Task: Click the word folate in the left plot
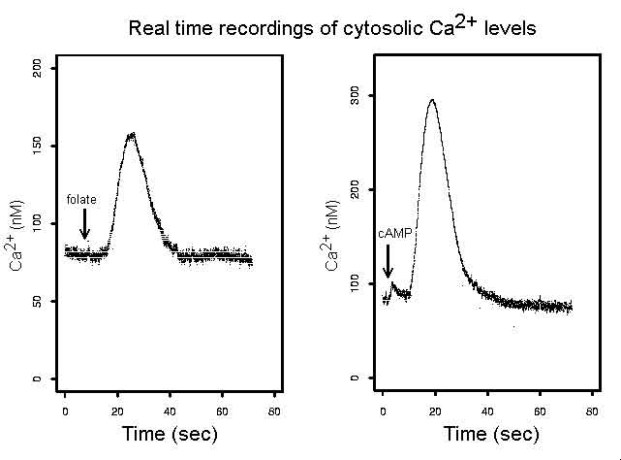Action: (x=81, y=199)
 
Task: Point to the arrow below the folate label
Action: (x=85, y=224)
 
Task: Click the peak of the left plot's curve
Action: (x=131, y=134)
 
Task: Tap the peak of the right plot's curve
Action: (x=431, y=100)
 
